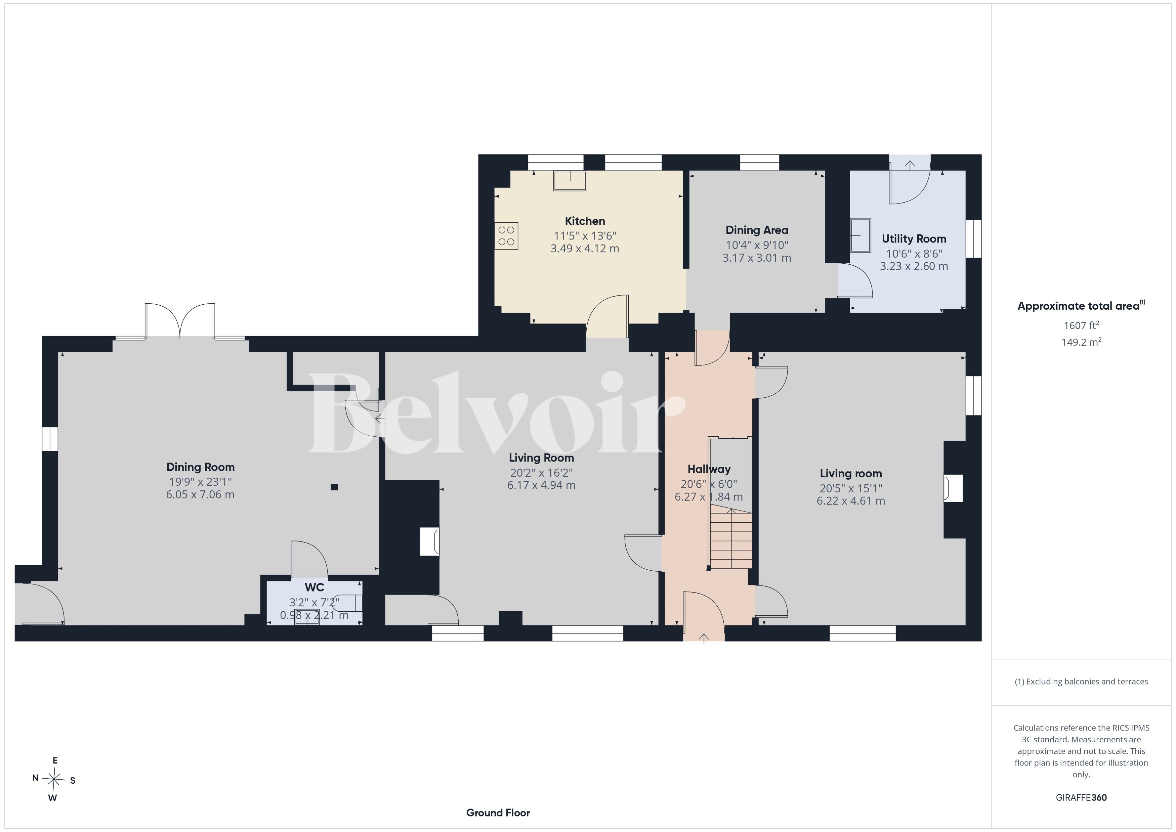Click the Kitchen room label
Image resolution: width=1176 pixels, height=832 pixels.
(x=585, y=221)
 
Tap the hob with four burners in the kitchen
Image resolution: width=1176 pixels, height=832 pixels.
(x=506, y=236)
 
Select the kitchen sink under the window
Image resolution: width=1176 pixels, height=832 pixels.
(x=570, y=181)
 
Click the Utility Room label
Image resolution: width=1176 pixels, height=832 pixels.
(x=914, y=239)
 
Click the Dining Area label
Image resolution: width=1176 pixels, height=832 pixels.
(x=757, y=230)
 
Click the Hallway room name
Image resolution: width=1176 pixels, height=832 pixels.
(x=709, y=469)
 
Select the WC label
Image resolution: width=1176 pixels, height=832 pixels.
(x=314, y=587)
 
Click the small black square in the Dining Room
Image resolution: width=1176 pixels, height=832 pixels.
(x=334, y=487)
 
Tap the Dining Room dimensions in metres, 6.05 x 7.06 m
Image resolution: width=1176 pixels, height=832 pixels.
(x=200, y=494)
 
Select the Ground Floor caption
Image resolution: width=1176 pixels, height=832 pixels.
(x=498, y=813)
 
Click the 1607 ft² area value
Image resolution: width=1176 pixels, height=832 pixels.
(x=1081, y=325)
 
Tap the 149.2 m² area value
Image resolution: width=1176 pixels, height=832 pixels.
(x=1081, y=342)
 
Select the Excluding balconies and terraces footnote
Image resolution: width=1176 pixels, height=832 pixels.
(x=1081, y=682)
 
